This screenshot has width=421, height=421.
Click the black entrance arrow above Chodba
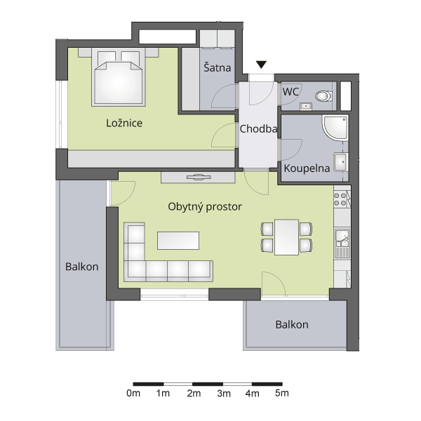[x=261, y=65]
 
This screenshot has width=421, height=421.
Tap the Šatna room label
[x=218, y=67]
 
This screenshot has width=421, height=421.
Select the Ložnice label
[x=124, y=123]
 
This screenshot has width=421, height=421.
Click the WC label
[x=290, y=92]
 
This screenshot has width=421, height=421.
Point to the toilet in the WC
[x=323, y=96]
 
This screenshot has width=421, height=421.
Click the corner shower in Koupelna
[x=335, y=128]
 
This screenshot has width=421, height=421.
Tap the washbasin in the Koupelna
[x=341, y=162]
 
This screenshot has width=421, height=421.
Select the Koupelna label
[x=307, y=168]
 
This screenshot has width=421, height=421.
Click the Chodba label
[x=258, y=129]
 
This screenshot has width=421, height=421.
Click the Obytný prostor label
[x=205, y=207]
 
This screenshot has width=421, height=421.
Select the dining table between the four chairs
[x=286, y=237]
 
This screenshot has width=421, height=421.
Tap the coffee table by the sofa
[x=178, y=241]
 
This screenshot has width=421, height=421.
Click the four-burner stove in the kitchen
[x=340, y=199]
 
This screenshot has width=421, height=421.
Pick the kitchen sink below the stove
[x=342, y=243]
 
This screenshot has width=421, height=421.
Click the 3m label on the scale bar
[x=224, y=394]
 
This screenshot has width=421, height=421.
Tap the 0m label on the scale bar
[x=133, y=394]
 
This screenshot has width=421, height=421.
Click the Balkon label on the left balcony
[x=82, y=267]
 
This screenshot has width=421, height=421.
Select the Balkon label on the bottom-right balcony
[x=292, y=325]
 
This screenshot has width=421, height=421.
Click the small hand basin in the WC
[x=305, y=107]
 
